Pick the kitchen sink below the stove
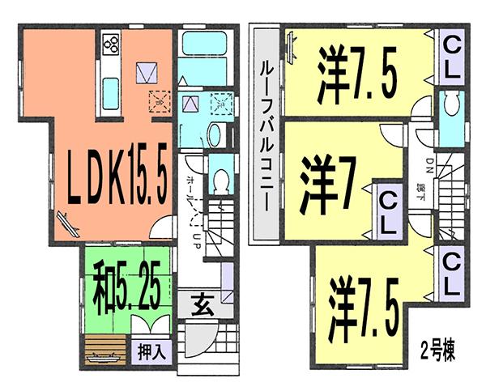110,86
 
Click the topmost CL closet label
451,57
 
